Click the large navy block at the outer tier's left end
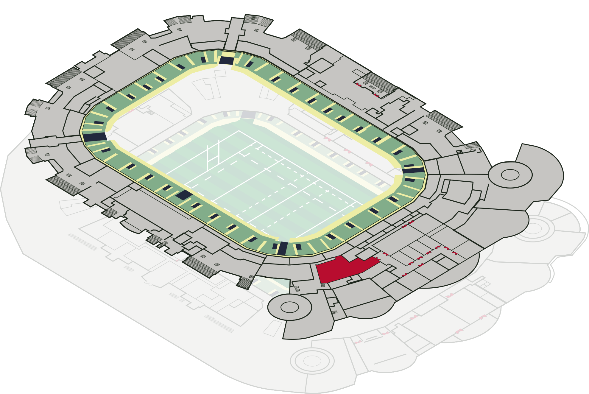click(x=95, y=137)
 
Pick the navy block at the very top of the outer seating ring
click(x=226, y=60)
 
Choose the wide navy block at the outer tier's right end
click(x=413, y=170)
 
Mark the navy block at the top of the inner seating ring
click(x=248, y=115)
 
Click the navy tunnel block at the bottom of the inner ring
click(x=282, y=248)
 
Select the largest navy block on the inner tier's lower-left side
click(x=184, y=195)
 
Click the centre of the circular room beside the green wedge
click(x=289, y=307)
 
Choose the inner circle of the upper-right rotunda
click(x=510, y=175)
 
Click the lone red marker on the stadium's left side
click(x=131, y=111)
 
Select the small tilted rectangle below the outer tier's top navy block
click(x=220, y=73)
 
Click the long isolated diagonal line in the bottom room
click(x=390, y=359)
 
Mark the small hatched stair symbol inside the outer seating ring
click(x=151, y=112)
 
